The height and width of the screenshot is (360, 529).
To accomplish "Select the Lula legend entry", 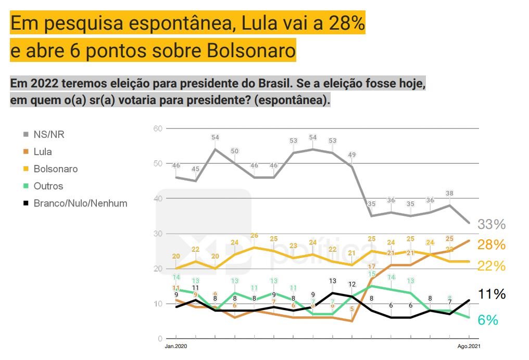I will [42, 152].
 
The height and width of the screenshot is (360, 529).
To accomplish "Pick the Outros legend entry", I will [47, 186].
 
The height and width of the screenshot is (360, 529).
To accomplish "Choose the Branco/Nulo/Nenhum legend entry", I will [80, 203].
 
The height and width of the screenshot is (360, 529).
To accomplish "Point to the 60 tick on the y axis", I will [158, 128].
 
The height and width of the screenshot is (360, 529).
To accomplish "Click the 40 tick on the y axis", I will [158, 199].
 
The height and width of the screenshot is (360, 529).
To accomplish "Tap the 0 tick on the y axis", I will [160, 339].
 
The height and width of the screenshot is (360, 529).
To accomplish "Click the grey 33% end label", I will [492, 225].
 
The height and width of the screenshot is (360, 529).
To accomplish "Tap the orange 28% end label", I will [492, 245].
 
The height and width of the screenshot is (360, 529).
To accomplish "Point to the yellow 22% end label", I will [492, 266].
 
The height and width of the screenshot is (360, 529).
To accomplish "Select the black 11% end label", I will [492, 294].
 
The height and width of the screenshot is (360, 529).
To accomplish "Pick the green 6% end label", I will [488, 320].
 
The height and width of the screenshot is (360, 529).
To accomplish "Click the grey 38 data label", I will [450, 194].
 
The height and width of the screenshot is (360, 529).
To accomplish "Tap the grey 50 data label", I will [235, 151].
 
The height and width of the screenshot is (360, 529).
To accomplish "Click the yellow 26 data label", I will [254, 236].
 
